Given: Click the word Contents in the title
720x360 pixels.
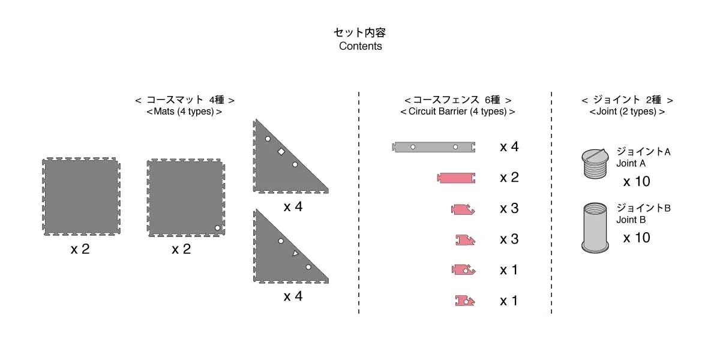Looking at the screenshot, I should [x=360, y=46].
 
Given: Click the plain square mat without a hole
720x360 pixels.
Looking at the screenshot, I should [x=81, y=197].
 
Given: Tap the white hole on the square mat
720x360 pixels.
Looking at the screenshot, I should [x=218, y=227].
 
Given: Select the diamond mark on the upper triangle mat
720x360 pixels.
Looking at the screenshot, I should [x=281, y=152].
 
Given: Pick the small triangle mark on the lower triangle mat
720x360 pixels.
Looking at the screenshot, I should [x=295, y=254].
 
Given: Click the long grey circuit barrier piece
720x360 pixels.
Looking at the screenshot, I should [x=434, y=147].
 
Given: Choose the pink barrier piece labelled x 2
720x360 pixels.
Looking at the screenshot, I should [x=458, y=178].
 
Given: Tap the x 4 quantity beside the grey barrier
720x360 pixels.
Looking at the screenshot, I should [x=509, y=146].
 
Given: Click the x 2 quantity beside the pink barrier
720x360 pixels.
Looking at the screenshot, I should [x=509, y=178].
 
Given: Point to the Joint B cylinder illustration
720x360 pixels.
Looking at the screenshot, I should [x=595, y=227].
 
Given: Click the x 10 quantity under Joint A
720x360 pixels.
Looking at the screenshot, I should [x=636, y=182].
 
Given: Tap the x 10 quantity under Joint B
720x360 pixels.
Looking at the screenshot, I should [x=636, y=238].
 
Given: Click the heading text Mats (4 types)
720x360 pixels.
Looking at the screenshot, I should [x=184, y=112].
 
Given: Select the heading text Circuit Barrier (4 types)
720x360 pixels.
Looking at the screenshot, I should [x=457, y=112].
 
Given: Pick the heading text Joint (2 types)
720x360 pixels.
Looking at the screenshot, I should [x=627, y=112].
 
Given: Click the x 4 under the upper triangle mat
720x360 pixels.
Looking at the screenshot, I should [x=293, y=207].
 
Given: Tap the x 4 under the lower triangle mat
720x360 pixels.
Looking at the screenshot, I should [x=293, y=296].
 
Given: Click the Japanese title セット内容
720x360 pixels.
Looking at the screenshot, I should [x=360, y=32].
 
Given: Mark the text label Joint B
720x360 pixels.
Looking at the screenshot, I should [x=631, y=220].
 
